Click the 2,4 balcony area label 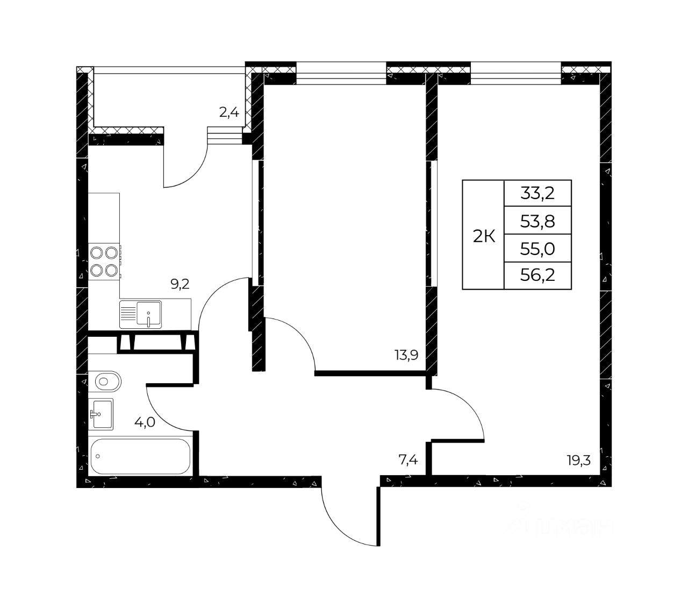229,112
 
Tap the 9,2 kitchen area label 180,284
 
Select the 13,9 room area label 406,355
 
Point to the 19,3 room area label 578,461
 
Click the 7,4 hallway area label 408,460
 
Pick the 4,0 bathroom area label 145,422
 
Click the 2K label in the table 484,236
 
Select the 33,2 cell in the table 537,193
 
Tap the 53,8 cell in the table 537,221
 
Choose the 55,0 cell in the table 537,249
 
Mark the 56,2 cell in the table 537,275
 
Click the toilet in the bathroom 105,381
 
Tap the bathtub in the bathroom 140,456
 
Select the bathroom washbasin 101,414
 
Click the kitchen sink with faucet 140,315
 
